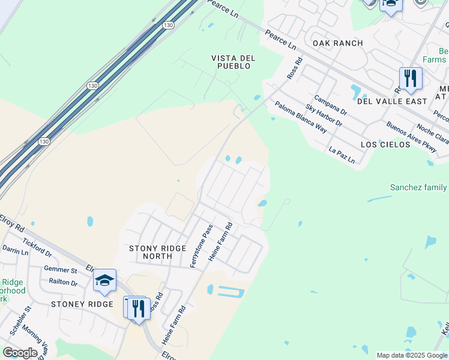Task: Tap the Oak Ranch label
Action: coord(337,43)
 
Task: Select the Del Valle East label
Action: coord(392,101)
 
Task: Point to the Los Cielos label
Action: coord(385,145)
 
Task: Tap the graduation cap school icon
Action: coord(104,281)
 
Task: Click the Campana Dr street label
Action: coord(331,104)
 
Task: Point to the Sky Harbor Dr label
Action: coord(324,115)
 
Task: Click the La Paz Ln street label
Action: coord(342,155)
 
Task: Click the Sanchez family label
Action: coord(418,187)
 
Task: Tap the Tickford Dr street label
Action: coord(37,247)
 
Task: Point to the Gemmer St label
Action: coord(60,271)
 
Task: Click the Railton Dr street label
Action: coord(63,283)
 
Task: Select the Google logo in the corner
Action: coord(20,352)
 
